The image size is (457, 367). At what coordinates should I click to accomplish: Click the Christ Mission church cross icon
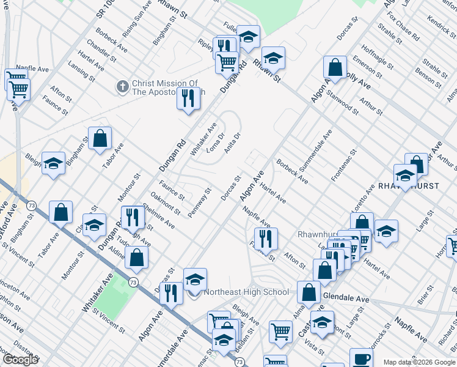click(123, 87)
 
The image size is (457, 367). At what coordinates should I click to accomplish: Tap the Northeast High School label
click(246, 292)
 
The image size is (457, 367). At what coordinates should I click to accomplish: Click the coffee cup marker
click(361, 358)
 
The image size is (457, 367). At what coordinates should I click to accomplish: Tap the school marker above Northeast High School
click(195, 280)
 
